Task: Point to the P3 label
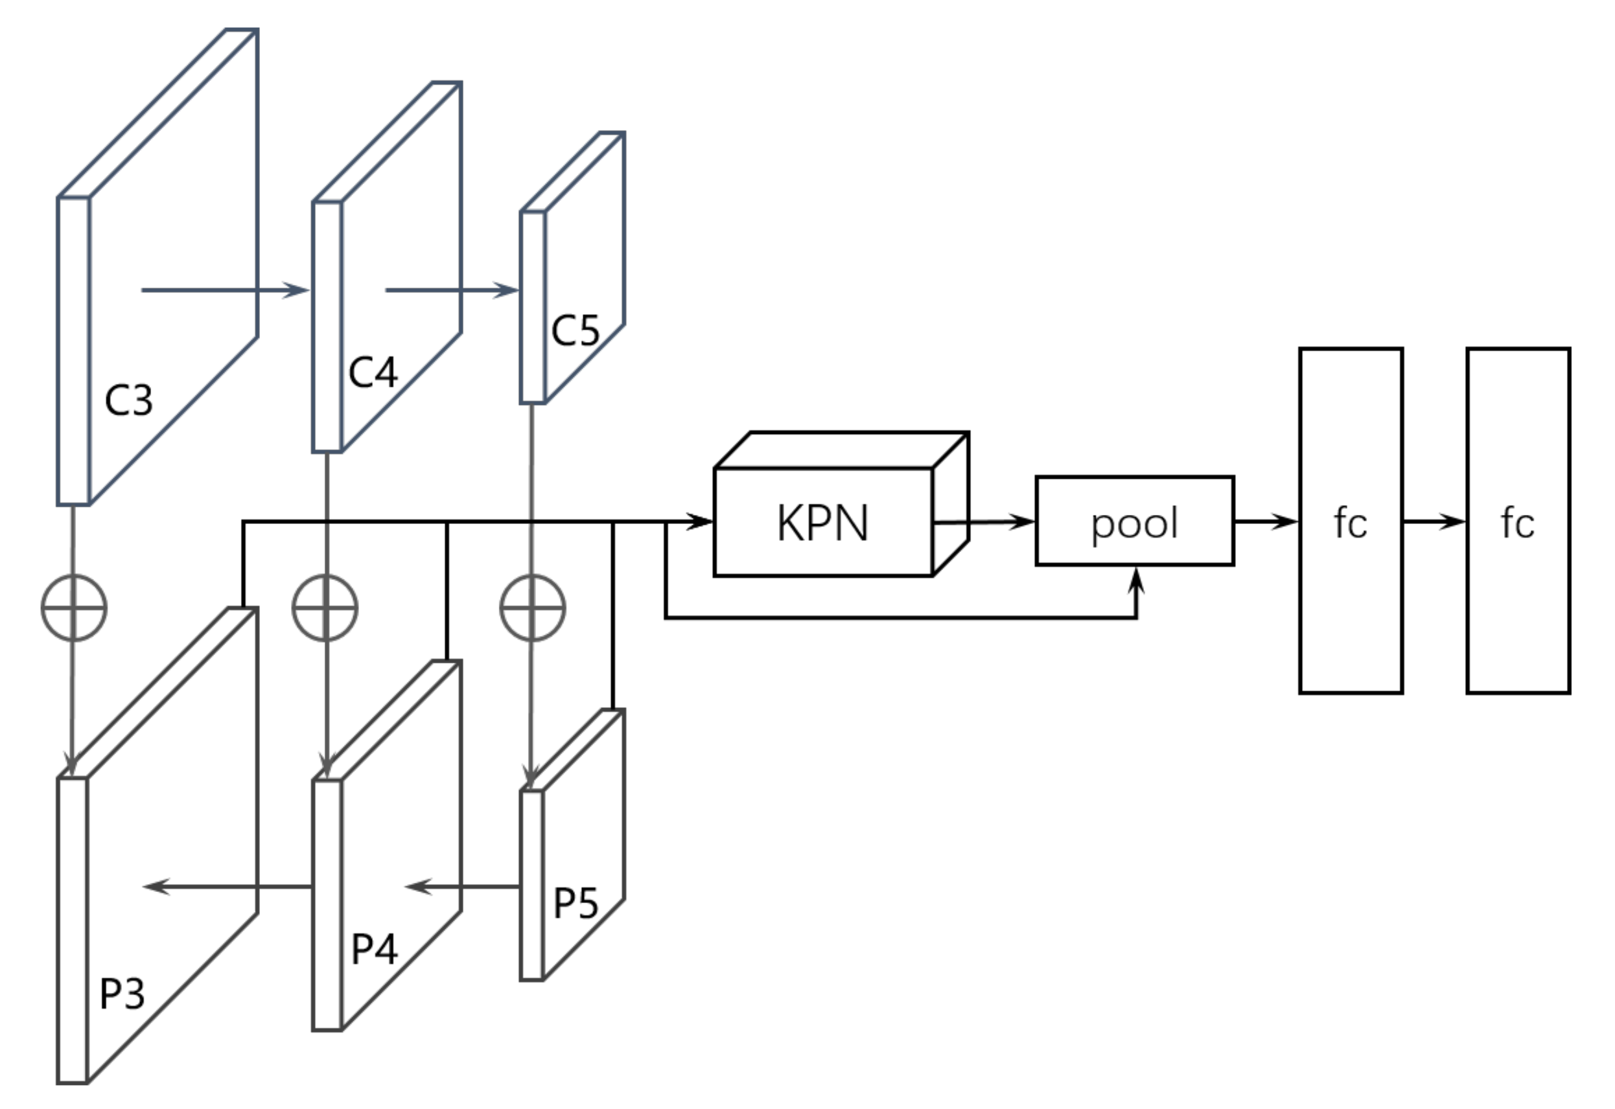pyautogui.click(x=122, y=994)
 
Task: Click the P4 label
pyautogui.click(x=374, y=948)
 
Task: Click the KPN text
pyautogui.click(x=822, y=523)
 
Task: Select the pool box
pyautogui.click(x=1135, y=521)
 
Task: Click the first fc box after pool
pyautogui.click(x=1350, y=521)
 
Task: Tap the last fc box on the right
pyautogui.click(x=1518, y=521)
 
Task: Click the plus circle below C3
pyautogui.click(x=74, y=608)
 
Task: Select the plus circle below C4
pyautogui.click(x=325, y=608)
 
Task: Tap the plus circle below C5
pyautogui.click(x=533, y=608)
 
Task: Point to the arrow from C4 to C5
pyautogui.click(x=452, y=290)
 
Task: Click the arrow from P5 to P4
pyautogui.click(x=463, y=887)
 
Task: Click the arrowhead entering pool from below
pyautogui.click(x=1137, y=580)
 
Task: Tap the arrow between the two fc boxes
pyautogui.click(x=1434, y=521)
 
